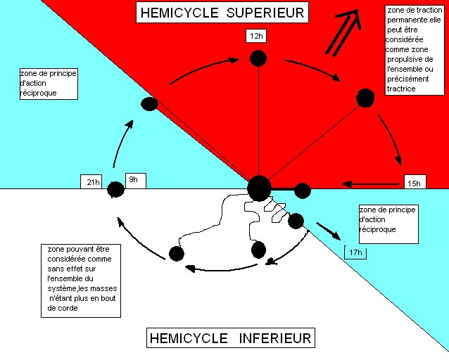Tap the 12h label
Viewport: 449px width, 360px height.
255,36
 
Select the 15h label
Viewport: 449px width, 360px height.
413,184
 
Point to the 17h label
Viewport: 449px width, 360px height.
355,252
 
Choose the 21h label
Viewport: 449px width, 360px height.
93,184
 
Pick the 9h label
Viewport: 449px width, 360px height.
134,181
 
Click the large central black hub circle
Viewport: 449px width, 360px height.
259,187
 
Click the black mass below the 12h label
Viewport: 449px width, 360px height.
258,58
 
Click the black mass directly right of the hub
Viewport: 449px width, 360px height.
303,189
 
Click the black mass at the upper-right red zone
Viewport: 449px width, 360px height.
365,98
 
